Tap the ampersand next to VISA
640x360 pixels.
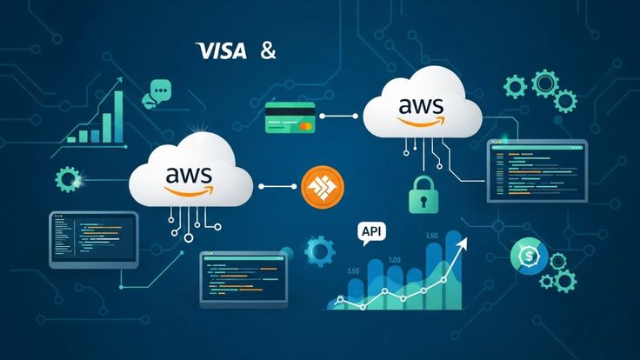268,50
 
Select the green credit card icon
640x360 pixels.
290,117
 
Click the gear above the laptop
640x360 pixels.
67,180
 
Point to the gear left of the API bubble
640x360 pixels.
320,251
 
